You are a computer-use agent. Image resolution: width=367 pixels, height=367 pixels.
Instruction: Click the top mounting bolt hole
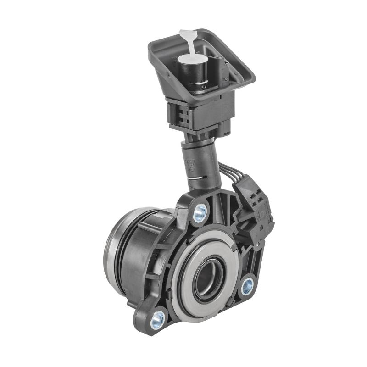(x=200, y=212)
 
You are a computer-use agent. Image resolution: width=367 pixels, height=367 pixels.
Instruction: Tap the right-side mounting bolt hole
(x=247, y=286)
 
